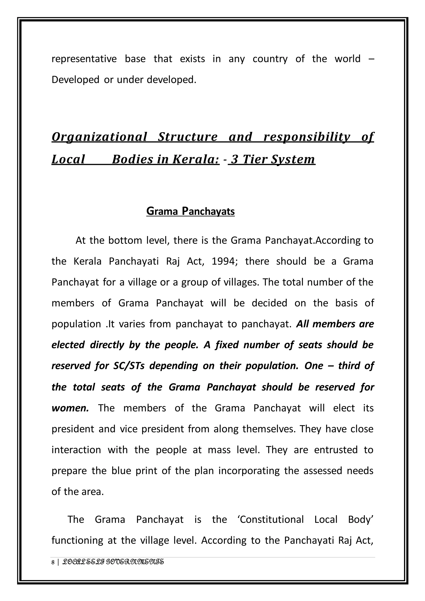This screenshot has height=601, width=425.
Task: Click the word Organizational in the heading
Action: tap(99, 137)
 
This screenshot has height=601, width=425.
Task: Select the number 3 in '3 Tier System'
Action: tap(234, 159)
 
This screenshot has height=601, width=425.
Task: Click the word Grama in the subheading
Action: tap(162, 211)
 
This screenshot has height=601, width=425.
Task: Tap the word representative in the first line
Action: tap(84, 59)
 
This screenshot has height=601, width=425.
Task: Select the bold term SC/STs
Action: tap(129, 366)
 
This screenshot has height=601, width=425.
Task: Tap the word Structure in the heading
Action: tap(188, 137)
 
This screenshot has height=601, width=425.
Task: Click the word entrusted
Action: tap(336, 450)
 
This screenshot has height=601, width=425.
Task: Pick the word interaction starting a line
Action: tap(76, 450)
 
